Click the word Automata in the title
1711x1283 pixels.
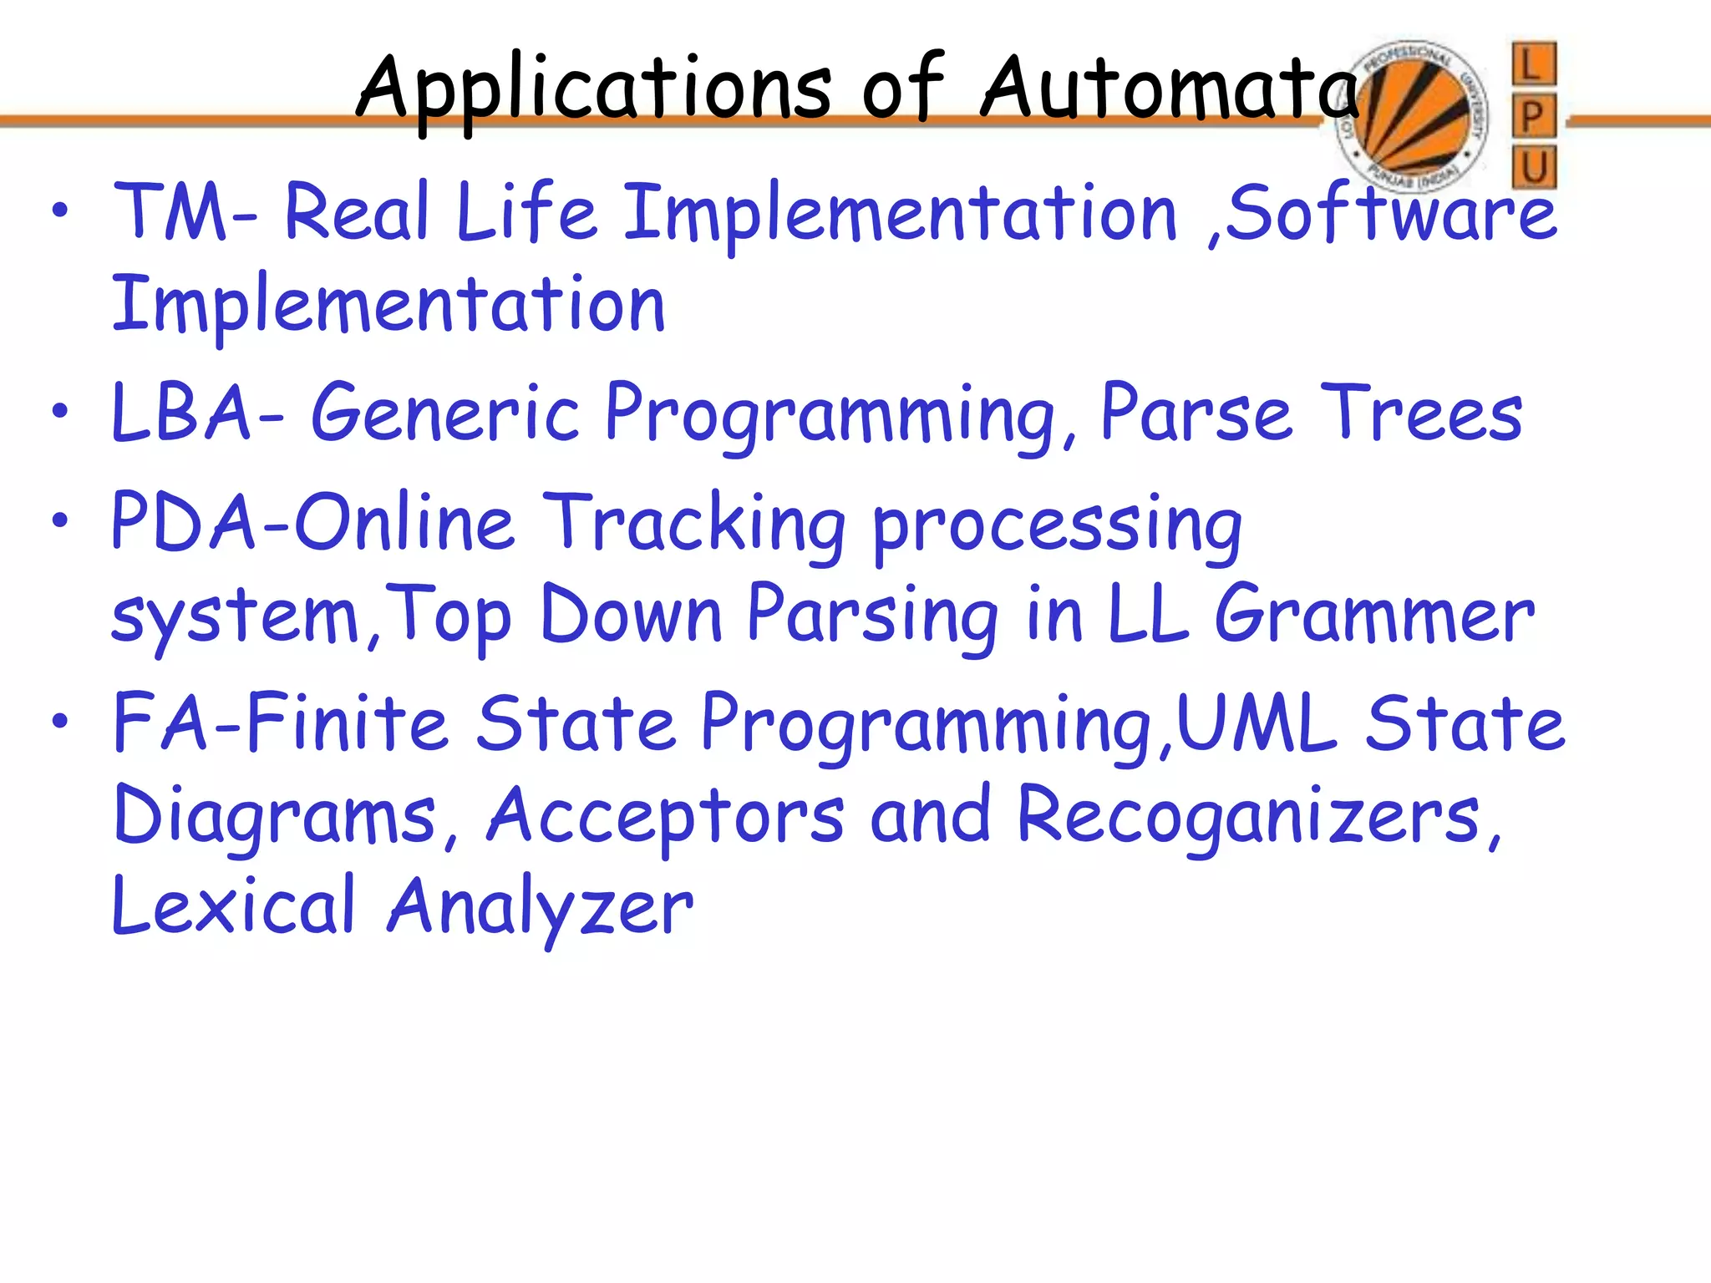click(1170, 88)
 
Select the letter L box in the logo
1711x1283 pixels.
click(1534, 64)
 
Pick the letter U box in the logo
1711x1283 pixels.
click(1534, 167)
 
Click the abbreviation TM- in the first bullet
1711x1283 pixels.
click(185, 212)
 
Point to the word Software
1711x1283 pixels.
click(1391, 212)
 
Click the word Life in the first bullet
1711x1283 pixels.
click(526, 212)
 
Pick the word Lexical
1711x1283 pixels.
click(234, 905)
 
